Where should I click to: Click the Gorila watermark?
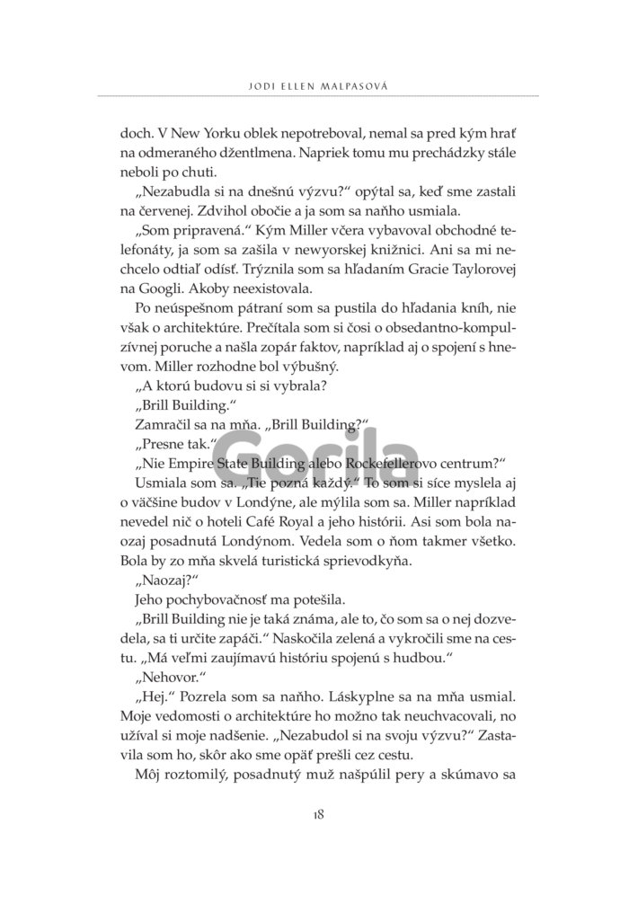pos(314,456)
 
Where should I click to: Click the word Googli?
pos(160,289)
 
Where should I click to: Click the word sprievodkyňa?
pos(364,560)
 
